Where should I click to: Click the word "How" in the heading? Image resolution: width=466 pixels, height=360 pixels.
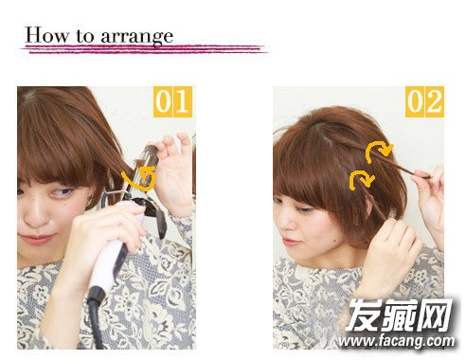46,35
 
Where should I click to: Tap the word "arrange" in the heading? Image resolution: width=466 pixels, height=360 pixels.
137,37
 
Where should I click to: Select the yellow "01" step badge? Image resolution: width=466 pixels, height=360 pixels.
172,101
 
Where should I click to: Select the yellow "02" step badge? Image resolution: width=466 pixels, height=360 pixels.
424,101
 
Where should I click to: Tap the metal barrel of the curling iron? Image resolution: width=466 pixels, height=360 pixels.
144,169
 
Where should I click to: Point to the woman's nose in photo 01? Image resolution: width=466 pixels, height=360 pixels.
32,217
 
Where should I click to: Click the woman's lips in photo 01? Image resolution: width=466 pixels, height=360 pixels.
35,239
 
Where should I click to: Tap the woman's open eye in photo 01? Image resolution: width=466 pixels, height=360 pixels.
63,192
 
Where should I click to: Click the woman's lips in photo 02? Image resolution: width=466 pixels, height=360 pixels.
289,242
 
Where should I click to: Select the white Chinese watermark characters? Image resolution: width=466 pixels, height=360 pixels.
400,315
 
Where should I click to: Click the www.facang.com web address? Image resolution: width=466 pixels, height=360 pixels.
396,341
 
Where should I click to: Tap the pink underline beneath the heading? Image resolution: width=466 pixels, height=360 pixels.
144,49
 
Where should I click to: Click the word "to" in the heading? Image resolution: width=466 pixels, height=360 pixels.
84,36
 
